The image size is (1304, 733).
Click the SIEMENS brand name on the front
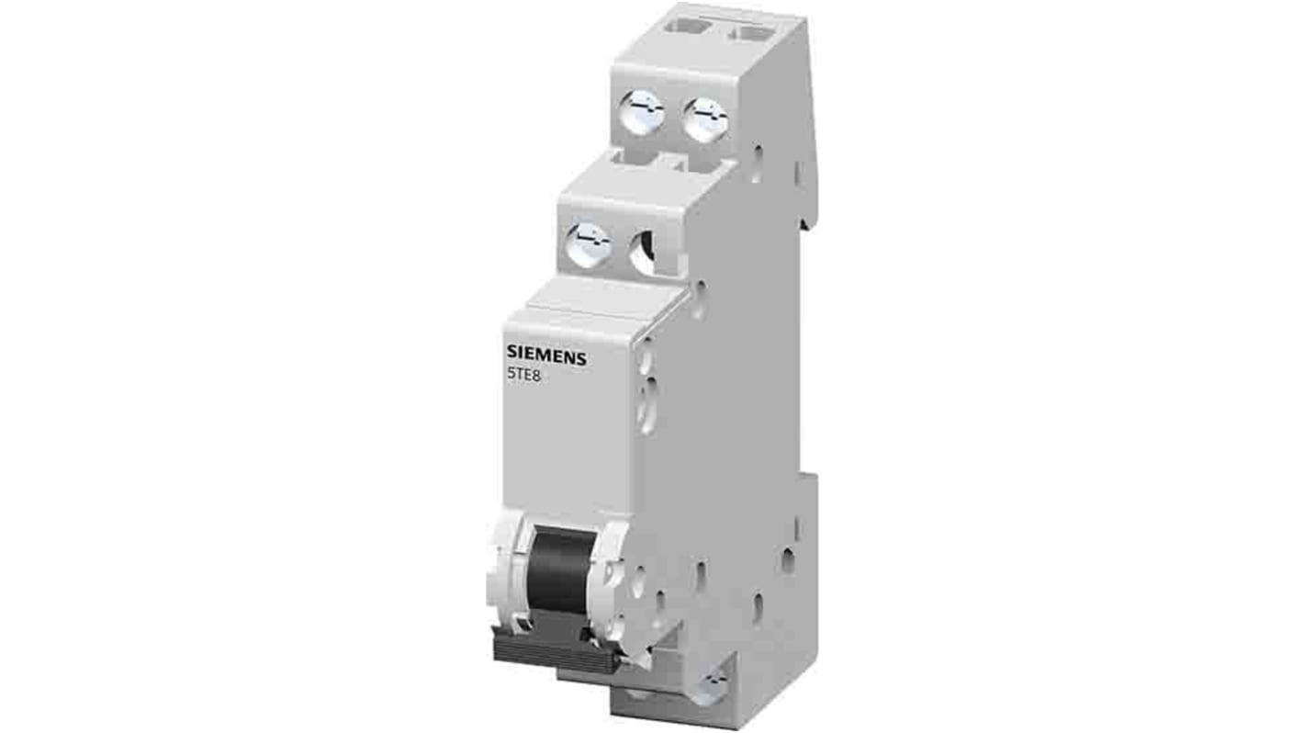[x=546, y=357]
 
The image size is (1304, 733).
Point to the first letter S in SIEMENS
[x=512, y=357]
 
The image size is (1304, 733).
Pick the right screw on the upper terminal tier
[x=705, y=119]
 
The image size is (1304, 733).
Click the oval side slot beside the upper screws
[x=757, y=162]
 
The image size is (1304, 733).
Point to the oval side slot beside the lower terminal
[x=699, y=299]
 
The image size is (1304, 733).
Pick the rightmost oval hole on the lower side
[x=788, y=560]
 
